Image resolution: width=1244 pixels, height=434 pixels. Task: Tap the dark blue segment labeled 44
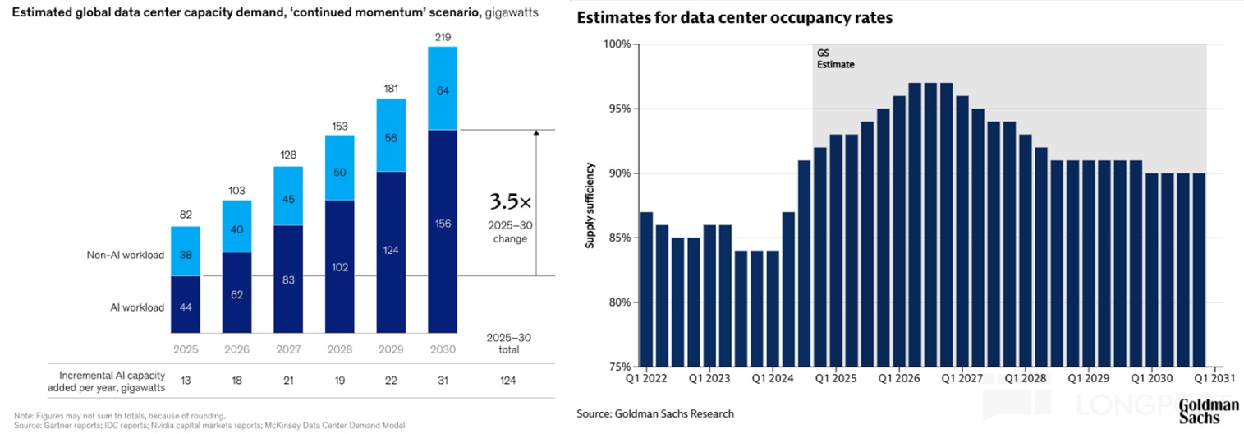coord(185,307)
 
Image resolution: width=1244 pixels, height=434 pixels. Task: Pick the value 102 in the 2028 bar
coord(339,266)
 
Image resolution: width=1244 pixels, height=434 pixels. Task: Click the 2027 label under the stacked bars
coord(287,349)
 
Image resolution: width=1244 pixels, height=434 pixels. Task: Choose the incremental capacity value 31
coord(443,381)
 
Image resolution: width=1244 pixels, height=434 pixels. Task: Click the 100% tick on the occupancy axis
coord(617,44)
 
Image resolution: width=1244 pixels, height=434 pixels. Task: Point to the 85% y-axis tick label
coord(619,238)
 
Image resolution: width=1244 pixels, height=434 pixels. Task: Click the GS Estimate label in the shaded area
coord(835,58)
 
